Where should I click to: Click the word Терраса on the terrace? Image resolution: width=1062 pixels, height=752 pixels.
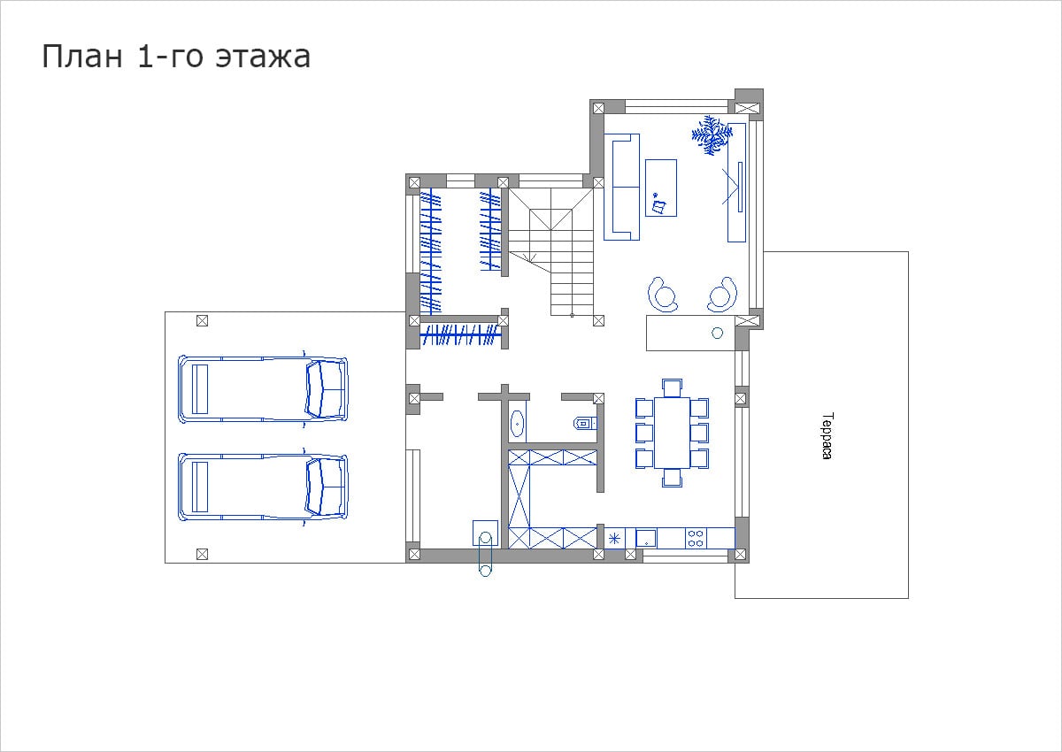(x=827, y=436)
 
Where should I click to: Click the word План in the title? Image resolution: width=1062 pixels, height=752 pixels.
(x=82, y=57)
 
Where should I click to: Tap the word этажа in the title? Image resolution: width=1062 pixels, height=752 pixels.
(x=263, y=58)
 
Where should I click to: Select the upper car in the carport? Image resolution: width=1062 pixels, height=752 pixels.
(x=263, y=389)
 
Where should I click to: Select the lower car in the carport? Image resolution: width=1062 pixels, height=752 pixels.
(x=263, y=487)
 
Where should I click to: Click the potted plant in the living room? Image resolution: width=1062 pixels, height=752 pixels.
(x=712, y=134)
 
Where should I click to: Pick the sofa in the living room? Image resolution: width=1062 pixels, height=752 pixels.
(x=621, y=187)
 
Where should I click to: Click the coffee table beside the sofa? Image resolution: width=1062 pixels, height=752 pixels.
(x=661, y=188)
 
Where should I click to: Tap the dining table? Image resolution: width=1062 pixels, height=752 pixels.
(x=672, y=433)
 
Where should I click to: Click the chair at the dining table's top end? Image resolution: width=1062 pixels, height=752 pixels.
(x=672, y=388)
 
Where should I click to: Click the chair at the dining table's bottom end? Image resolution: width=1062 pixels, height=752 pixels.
(x=672, y=478)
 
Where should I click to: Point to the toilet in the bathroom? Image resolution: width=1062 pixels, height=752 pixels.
(x=586, y=423)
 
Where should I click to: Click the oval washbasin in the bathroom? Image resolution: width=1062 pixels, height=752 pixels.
(x=517, y=424)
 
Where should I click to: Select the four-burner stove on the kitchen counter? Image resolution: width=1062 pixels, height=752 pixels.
(x=696, y=538)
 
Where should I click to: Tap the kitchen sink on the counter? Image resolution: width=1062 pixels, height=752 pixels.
(x=646, y=538)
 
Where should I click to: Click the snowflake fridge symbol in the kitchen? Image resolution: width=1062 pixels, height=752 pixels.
(x=614, y=539)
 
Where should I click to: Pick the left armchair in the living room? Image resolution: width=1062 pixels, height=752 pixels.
(x=663, y=295)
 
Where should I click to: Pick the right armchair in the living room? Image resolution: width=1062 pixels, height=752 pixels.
(x=722, y=295)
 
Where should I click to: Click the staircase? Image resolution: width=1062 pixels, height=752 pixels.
(x=551, y=252)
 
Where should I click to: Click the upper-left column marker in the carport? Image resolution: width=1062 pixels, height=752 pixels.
(x=202, y=321)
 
